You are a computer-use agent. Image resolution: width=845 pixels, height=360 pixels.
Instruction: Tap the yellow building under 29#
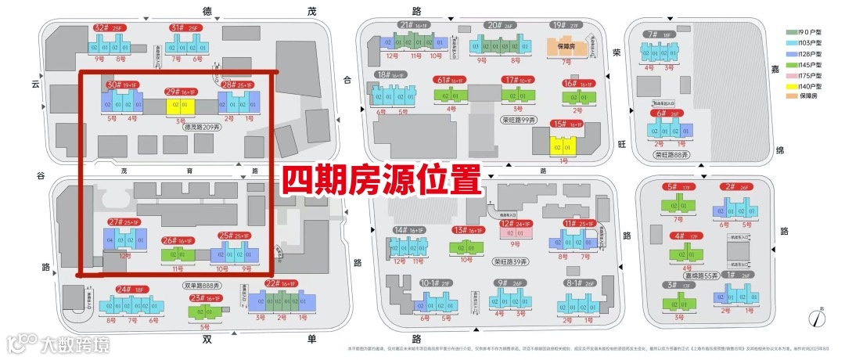coord(179,106)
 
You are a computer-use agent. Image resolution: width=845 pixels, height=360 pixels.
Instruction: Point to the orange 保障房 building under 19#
coord(567,46)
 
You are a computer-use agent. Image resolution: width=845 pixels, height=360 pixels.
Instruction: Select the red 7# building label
coord(652,34)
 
